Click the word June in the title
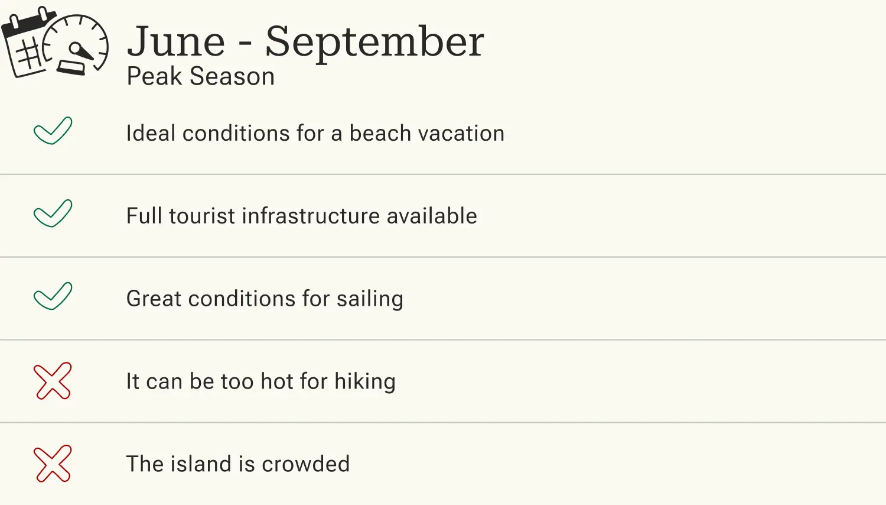point(176,43)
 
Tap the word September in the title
point(374,43)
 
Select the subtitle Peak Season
point(201,77)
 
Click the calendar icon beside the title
point(27,46)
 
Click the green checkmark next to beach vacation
point(53,131)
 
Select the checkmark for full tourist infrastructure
point(53,213)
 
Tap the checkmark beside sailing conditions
point(53,296)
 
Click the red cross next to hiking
point(53,381)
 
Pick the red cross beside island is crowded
point(53,464)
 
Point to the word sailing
point(370,299)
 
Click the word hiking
point(365,382)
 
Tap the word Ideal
point(151,134)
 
